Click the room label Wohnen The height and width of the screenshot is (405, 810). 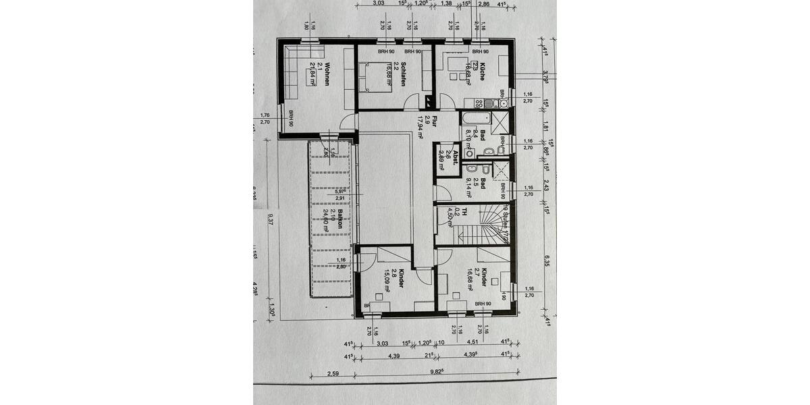(x=327, y=72)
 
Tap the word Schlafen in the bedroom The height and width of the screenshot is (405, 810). (x=403, y=74)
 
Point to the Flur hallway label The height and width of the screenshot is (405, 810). (x=435, y=122)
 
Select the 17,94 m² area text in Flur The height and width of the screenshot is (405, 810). (x=420, y=127)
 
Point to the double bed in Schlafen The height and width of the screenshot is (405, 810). (x=372, y=76)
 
